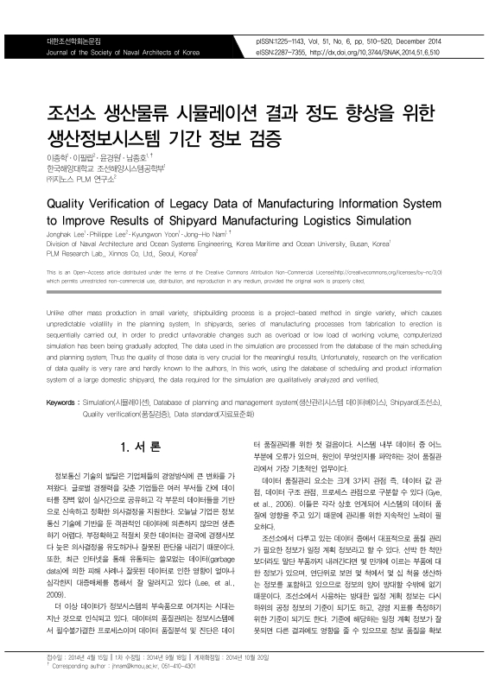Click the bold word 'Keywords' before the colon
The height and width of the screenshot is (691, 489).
pos(60,403)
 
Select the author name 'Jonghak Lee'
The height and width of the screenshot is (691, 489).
pos(67,233)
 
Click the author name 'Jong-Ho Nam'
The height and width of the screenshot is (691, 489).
pos(209,233)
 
